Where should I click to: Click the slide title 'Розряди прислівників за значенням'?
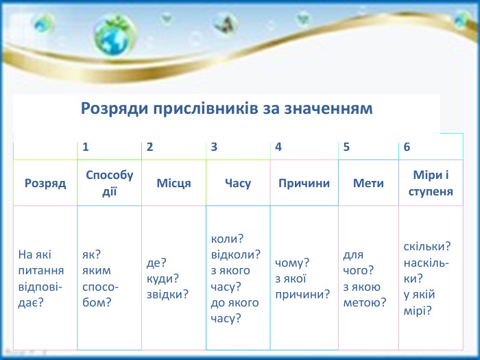[x=226, y=108]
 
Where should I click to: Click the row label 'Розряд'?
[x=45, y=183]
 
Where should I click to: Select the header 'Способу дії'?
[x=110, y=183]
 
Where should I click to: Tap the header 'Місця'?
[x=173, y=183]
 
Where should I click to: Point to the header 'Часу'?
[x=238, y=183]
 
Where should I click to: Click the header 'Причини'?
[x=304, y=183]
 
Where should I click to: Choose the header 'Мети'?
[x=368, y=183]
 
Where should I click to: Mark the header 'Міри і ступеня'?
[x=431, y=183]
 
